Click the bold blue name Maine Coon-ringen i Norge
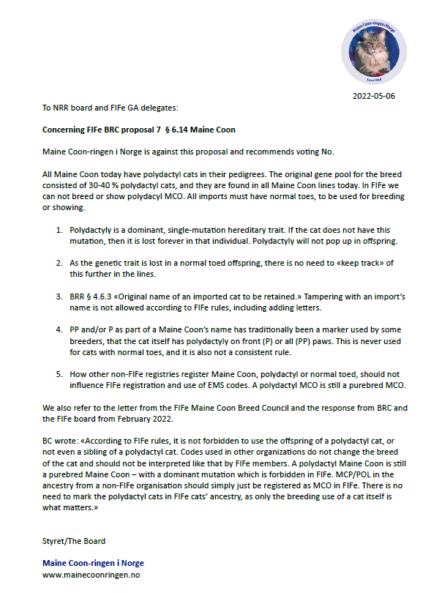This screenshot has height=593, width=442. pyautogui.click(x=93, y=563)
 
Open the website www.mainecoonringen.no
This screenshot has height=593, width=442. pyautogui.click(x=91, y=575)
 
